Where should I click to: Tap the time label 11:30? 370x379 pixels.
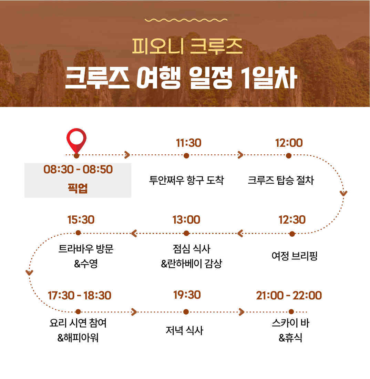coord(188,143)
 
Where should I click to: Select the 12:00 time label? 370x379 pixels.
coord(289,143)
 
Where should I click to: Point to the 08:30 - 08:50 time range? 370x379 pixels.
coord(78,169)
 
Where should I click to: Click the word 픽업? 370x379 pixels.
coord(78,188)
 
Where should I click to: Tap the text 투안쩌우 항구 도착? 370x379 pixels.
coord(186,180)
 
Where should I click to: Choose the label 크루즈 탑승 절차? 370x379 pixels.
coord(281,180)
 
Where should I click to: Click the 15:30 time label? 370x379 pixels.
coord(81,220)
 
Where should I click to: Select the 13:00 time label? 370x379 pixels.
coord(186,220)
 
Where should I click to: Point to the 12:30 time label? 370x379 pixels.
coord(292,220)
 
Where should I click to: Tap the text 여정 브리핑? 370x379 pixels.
coord(294,256)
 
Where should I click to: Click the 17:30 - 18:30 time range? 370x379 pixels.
coord(80,295)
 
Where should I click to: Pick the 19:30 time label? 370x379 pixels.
coord(187,295)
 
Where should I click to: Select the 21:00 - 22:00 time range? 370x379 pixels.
coord(289,295)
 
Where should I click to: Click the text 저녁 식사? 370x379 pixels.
coord(184,330)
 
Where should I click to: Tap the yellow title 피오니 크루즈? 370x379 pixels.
coord(187,46)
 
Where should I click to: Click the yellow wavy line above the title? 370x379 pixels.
coord(186,20)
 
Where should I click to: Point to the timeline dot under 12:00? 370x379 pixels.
coord(289,156)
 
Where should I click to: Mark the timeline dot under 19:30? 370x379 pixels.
coord(186,312)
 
